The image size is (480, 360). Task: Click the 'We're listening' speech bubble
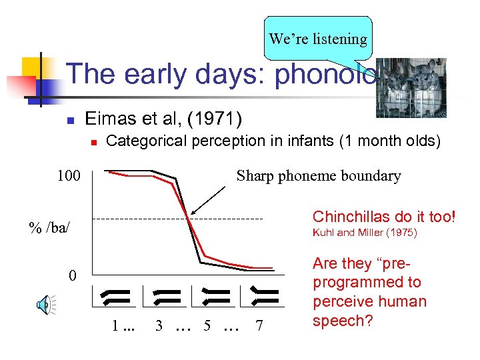pos(318,38)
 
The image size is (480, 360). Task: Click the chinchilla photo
pos(411,87)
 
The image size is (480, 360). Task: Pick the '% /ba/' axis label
pos(49,227)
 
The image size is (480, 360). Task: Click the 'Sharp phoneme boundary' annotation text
pos(319,176)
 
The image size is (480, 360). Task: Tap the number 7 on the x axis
pos(259,326)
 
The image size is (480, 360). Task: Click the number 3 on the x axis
pos(159,326)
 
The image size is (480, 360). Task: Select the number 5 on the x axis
pos(207,326)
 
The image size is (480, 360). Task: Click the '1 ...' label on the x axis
pos(123,327)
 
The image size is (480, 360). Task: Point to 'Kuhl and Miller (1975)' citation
pos(365,233)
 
